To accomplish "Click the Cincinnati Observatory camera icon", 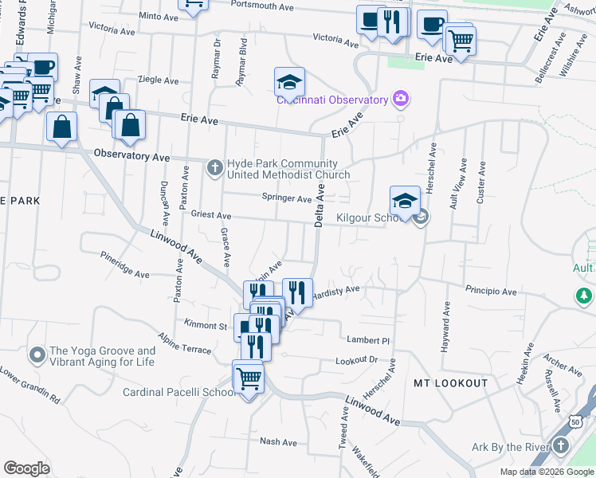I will pos(401,100).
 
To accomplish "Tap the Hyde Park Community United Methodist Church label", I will pos(288,169).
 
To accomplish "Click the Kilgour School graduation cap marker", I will pos(405,200).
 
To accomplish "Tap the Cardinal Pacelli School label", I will pos(177,392).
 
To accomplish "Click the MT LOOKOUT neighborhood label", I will pos(450,383).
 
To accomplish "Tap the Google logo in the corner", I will pos(27,468).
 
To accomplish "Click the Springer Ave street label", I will pos(287,198).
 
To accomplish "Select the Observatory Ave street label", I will pos(133,155).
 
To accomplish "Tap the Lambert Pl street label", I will pos(367,339).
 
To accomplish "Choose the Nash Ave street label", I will pos(278,442).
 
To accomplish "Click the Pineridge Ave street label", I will pos(125,264).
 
